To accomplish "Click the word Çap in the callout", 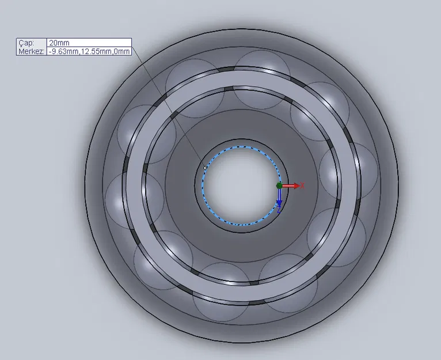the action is pos(26,43).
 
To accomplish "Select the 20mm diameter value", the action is pos(59,43).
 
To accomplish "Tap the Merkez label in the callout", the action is pos(31,51).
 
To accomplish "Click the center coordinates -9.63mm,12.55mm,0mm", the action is pos(89,51).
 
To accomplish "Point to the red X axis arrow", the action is pos(291,186).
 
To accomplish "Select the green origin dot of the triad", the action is pos(279,185).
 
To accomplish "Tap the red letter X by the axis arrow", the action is pos(302,185).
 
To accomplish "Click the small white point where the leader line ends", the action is pos(206,168).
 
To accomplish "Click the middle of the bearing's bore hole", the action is pos(241,186).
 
